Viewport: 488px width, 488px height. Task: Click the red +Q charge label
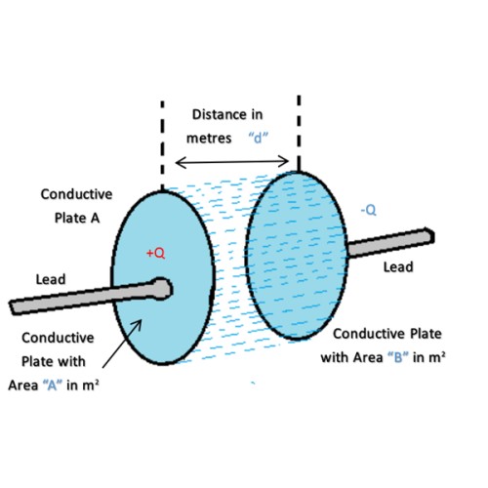[156, 253]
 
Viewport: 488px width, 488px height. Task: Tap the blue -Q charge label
[369, 210]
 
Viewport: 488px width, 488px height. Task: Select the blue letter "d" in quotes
[259, 138]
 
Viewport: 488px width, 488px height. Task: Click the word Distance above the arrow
[216, 114]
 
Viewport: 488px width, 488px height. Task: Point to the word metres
[209, 139]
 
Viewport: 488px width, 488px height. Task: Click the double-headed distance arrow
[232, 161]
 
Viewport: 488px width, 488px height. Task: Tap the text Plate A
[77, 218]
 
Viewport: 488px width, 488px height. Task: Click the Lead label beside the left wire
[51, 279]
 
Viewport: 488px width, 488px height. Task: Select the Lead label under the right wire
[398, 267]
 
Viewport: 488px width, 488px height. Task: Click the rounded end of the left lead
[162, 289]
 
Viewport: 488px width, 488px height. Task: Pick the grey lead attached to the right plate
[390, 242]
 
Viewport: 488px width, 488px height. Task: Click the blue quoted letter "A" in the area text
[53, 386]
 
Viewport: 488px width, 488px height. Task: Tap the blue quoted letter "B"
[398, 357]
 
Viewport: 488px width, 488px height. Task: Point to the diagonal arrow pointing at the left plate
[122, 344]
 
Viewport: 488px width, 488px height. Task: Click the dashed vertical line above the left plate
[162, 145]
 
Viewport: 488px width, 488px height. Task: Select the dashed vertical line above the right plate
[299, 134]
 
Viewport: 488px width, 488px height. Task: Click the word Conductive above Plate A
[76, 194]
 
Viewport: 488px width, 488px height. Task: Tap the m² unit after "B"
[435, 357]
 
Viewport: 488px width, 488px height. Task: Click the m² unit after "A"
[89, 386]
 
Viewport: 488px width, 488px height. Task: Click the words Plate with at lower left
[54, 361]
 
